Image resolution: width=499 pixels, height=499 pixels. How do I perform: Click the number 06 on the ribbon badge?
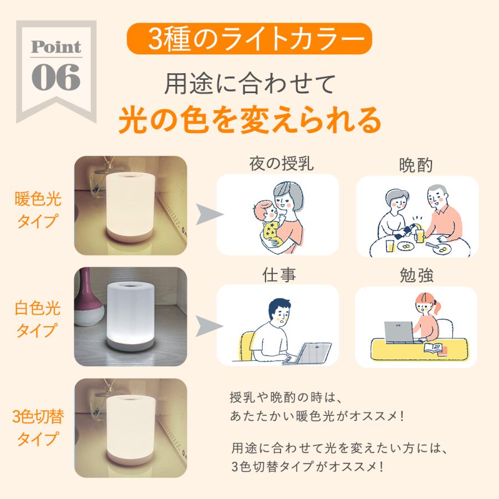57,78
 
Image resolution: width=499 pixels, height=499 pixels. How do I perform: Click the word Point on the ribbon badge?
56,47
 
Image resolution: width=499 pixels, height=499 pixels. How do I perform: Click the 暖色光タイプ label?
37,210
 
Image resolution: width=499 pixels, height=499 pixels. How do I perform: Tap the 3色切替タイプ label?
37,427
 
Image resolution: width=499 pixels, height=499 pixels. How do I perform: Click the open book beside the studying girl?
435,349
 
